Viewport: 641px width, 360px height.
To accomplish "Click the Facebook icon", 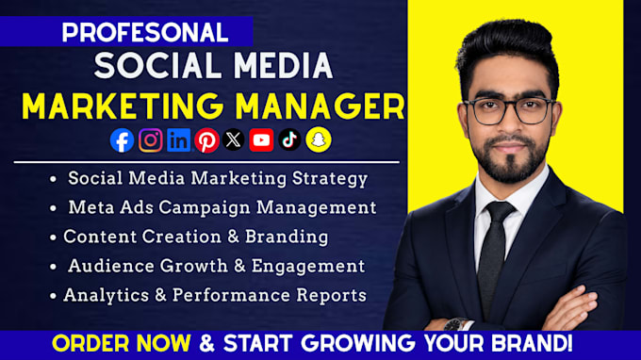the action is click(122, 140).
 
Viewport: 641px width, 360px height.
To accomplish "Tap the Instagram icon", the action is click(151, 140).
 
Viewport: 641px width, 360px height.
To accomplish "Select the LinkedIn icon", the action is click(179, 140).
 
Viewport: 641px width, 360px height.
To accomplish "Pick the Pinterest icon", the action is click(206, 140).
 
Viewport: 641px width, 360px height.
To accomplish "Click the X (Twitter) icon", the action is click(234, 139).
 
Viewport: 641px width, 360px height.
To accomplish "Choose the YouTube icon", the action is click(261, 140).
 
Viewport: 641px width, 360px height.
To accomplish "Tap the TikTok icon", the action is click(289, 139).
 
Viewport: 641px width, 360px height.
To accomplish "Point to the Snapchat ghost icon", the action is click(319, 139).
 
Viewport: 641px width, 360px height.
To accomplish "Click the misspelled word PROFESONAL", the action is click(145, 33).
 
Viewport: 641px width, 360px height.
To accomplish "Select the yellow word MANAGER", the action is click(320, 106).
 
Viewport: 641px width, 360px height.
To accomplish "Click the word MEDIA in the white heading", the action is click(283, 65).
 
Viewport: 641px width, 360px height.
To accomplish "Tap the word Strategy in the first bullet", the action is click(330, 179).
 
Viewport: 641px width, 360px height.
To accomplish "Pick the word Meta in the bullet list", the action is click(91, 207).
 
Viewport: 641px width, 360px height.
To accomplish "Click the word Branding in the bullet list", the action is click(287, 237).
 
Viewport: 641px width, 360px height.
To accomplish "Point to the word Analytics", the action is click(106, 295).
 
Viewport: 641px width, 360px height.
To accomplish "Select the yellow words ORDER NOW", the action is click(122, 343).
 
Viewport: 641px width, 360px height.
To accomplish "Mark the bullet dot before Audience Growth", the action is click(53, 267).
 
